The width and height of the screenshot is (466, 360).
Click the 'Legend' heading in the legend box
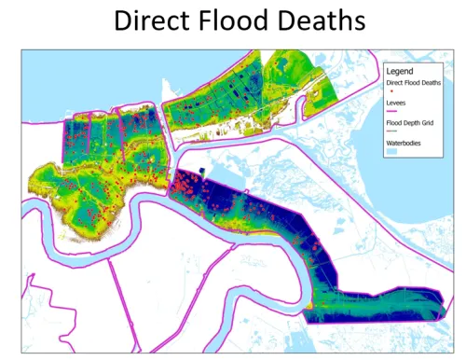[399, 71]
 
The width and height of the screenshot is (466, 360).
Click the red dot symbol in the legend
[392, 92]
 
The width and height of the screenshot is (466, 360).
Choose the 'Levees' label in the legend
[395, 103]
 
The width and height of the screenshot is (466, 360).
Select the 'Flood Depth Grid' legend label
[408, 122]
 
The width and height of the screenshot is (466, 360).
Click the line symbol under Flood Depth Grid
[392, 132]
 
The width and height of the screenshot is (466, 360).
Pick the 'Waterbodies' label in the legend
[403, 144]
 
